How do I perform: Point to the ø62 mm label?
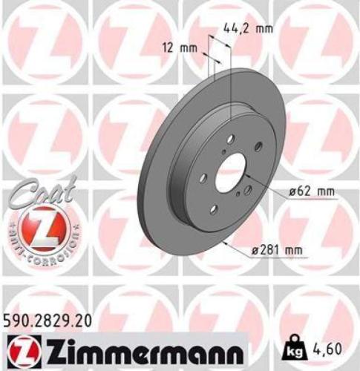pyautogui.click(x=311, y=191)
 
